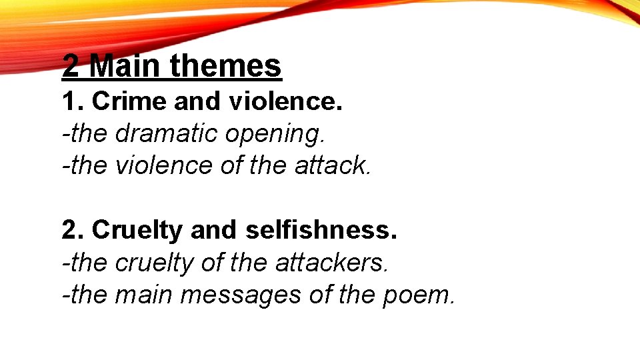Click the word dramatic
point(166,133)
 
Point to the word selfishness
point(320,230)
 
